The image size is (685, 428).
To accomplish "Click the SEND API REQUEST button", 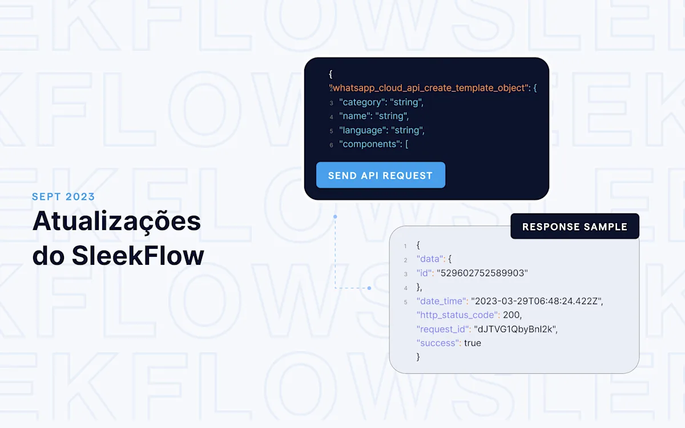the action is (x=381, y=175).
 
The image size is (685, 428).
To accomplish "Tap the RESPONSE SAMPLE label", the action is (x=575, y=226).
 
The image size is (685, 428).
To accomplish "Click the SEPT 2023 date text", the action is (x=63, y=196).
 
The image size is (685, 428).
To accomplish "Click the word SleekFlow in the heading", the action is (x=138, y=256).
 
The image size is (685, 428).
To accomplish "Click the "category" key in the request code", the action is (x=361, y=102).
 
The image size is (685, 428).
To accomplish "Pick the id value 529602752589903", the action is (x=482, y=273).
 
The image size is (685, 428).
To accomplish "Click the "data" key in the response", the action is (x=430, y=259).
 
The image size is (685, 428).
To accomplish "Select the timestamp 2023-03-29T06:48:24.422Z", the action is (x=537, y=301).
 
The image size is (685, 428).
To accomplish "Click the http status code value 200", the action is (x=511, y=315).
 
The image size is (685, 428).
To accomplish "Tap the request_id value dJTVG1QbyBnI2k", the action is (x=515, y=329).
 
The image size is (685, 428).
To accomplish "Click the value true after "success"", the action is (x=473, y=343).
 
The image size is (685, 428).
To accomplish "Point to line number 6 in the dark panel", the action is (x=331, y=145).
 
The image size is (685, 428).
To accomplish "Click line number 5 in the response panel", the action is (x=405, y=302).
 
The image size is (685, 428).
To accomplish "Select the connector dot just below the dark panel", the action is (x=335, y=216).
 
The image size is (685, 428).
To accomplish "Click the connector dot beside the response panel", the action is (x=369, y=288).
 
